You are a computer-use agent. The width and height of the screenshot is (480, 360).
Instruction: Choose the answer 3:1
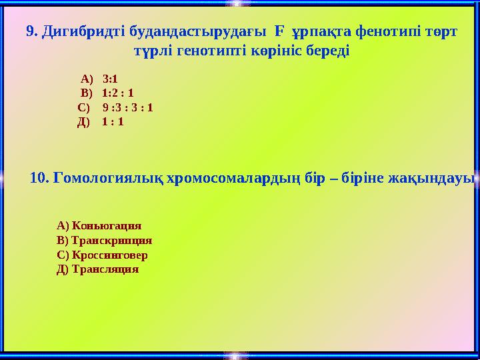110,77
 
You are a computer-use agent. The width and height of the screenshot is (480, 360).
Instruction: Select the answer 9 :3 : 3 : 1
127,107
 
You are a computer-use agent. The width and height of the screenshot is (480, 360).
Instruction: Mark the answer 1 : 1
113,122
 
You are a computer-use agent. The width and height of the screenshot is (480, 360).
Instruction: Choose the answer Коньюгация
106,226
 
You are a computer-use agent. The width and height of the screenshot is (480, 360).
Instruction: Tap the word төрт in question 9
442,31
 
